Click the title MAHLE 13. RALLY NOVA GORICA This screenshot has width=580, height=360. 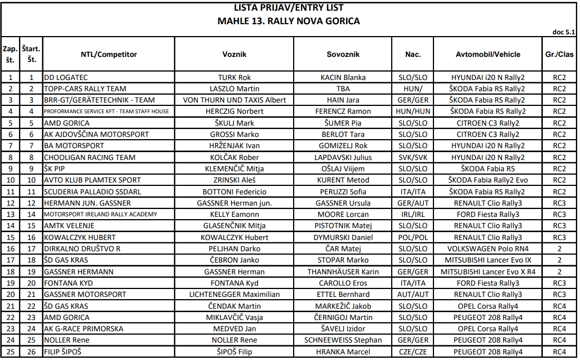(289, 21)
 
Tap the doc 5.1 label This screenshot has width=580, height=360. (563, 32)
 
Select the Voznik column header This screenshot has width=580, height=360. (234, 55)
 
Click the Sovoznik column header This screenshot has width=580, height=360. (343, 55)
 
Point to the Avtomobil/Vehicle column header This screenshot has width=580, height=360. (488, 55)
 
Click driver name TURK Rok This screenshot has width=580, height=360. (234, 77)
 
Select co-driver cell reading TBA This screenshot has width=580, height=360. (343, 89)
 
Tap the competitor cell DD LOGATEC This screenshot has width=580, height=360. (66, 77)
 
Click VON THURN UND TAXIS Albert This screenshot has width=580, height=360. (234, 100)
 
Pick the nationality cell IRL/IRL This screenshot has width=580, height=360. (413, 215)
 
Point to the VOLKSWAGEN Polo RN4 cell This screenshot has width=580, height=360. (488, 249)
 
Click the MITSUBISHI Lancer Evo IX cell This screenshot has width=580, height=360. (488, 260)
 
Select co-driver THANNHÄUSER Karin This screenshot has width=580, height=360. (343, 272)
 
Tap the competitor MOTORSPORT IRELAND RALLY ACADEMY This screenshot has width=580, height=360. (100, 215)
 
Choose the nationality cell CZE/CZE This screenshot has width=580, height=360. (413, 352)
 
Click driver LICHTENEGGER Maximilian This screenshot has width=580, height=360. (234, 295)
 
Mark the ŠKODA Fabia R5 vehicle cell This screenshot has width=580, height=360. (488, 168)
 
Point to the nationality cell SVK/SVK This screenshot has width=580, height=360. (413, 157)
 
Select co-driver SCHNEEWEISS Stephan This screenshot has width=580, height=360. (343, 340)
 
